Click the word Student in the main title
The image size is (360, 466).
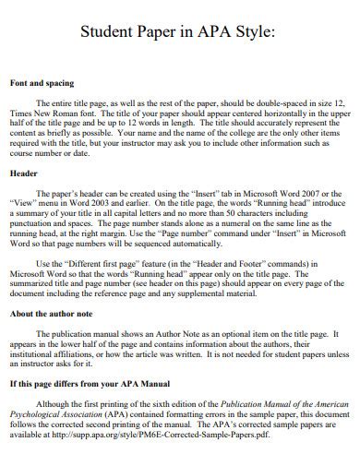(107, 33)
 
